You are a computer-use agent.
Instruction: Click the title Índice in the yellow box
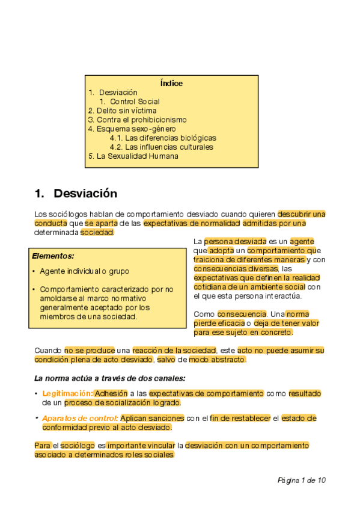point(172,84)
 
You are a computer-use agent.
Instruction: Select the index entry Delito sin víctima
point(122,111)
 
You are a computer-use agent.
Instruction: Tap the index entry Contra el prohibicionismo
point(137,120)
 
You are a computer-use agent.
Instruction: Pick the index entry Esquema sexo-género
point(132,129)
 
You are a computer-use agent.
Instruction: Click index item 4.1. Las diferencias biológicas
point(163,138)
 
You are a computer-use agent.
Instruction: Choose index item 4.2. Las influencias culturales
point(162,147)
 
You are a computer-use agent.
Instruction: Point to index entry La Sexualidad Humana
point(133,156)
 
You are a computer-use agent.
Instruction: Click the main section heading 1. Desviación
point(76,194)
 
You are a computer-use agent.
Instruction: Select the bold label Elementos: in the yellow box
point(53,256)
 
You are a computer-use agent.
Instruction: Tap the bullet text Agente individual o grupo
point(84,271)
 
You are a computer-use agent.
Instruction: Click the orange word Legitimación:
point(67,393)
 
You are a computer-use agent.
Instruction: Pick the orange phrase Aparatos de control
point(80,418)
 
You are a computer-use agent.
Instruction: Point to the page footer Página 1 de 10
point(302,480)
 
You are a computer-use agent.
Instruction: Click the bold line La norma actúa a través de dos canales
point(109,378)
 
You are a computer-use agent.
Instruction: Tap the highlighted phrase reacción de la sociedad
point(171,350)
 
